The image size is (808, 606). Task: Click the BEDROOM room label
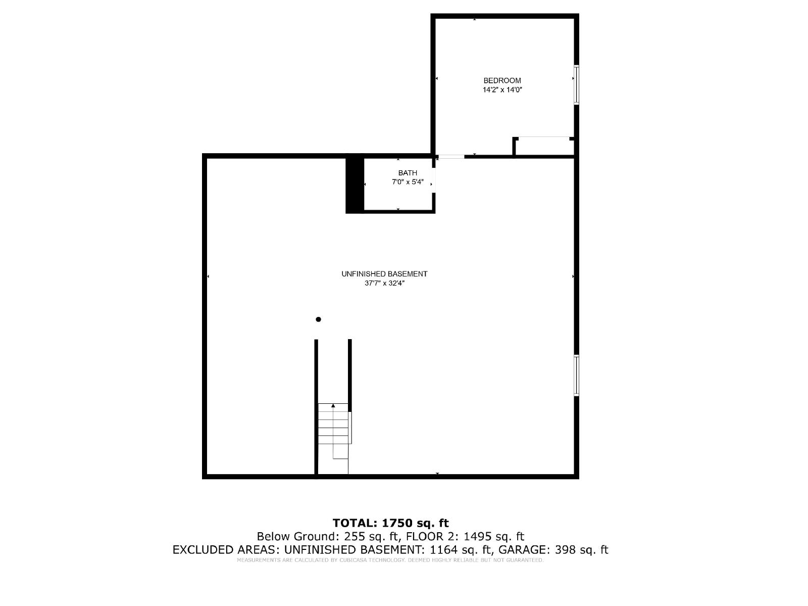coord(502,80)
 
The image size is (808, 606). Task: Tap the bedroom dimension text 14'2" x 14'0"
coord(502,89)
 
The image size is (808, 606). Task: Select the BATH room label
coord(408,173)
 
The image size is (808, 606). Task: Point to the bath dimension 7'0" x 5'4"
coord(408,182)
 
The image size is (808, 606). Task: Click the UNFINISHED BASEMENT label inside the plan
coord(384,274)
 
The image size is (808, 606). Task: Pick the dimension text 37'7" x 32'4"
coord(384,284)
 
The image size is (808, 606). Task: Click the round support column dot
coord(319,319)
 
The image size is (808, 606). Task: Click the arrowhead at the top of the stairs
coord(333,405)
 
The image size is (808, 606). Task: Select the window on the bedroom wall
coord(577,85)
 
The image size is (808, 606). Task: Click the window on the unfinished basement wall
coord(577,376)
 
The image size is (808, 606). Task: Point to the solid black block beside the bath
coord(355,184)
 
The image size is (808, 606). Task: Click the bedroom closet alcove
coord(544,147)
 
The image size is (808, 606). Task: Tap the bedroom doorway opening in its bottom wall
coord(451,157)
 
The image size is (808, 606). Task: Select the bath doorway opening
coord(434,180)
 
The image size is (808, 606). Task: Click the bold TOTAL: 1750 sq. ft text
coord(390,523)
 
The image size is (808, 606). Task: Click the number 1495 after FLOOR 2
coord(475,536)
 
